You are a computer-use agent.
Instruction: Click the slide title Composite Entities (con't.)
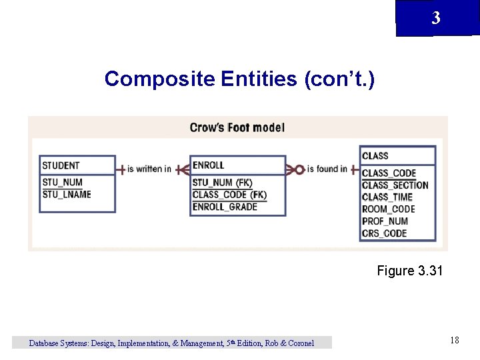click(239, 79)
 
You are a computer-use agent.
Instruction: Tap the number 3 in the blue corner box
click(435, 18)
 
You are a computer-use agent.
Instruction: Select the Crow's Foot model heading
click(237, 127)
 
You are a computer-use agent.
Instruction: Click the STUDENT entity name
click(61, 165)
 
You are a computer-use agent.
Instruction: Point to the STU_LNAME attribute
click(67, 194)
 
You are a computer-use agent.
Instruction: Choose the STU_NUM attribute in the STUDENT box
click(62, 182)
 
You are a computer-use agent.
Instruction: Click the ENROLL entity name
click(208, 165)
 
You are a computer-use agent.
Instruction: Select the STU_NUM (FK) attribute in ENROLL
click(222, 182)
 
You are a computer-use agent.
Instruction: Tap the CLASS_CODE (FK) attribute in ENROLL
click(229, 195)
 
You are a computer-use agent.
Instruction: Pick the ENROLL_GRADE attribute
click(225, 207)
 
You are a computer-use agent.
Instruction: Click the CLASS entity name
click(375, 156)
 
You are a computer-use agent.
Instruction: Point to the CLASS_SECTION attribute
click(395, 185)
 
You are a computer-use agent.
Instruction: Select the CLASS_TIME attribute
click(387, 197)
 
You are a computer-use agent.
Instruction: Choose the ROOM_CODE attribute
click(388, 209)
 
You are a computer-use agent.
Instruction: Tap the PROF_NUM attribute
click(385, 221)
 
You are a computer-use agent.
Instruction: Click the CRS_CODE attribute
click(384, 233)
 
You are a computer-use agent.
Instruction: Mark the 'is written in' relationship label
click(149, 169)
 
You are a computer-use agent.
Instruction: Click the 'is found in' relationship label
click(327, 169)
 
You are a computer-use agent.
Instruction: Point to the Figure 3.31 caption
click(409, 271)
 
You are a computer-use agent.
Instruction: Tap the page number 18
click(454, 341)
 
